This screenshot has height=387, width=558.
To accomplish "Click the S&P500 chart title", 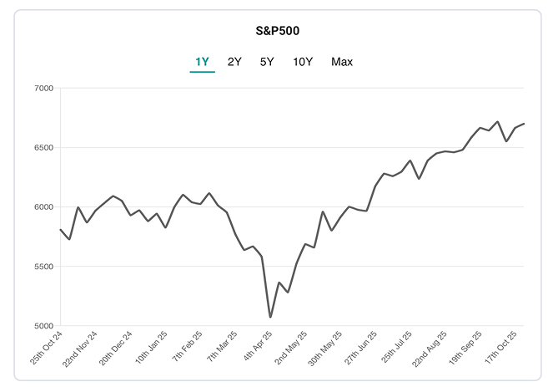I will [278, 31].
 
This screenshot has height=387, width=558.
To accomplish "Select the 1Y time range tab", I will [202, 62].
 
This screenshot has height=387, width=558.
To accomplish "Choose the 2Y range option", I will [235, 62].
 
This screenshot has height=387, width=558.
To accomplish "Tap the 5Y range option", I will [267, 62].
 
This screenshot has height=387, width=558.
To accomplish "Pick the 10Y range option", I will [303, 62].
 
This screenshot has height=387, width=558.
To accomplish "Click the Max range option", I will [342, 62].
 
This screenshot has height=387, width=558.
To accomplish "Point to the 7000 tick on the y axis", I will [43, 88].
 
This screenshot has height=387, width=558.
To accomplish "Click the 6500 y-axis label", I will [43, 147].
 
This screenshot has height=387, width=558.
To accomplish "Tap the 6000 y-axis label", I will [43, 206].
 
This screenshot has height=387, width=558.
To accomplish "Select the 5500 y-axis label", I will [43, 267].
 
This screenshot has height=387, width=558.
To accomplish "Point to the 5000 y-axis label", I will [43, 326].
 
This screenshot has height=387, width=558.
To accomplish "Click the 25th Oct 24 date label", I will [48, 352].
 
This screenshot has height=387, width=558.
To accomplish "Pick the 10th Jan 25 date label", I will [153, 352].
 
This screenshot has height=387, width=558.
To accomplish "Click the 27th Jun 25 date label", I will [364, 352].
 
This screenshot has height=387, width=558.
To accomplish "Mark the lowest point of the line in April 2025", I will [270, 317].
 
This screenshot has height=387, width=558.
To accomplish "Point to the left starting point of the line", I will [61, 229].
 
